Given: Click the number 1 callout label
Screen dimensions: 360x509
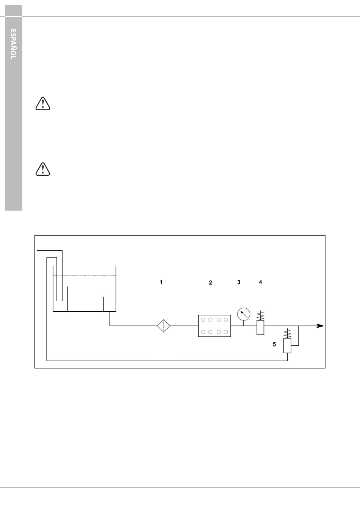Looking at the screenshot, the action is click(161, 282).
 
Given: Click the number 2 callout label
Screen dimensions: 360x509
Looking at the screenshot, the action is click(210, 283).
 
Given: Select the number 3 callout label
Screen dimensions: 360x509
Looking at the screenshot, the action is click(239, 282).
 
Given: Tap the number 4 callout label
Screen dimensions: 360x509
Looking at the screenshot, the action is click(261, 282).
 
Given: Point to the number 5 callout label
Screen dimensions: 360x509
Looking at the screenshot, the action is click(274, 345).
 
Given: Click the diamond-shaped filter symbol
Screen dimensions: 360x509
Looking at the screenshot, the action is click(163, 326).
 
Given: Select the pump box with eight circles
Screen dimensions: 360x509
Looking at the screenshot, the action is click(214, 326).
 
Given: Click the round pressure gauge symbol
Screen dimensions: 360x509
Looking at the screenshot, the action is click(244, 314).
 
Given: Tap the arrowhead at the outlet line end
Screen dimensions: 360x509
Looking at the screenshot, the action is click(320, 326).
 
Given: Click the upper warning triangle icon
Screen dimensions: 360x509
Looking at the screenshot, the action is click(43, 104).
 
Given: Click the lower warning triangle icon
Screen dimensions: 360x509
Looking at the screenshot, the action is click(43, 169).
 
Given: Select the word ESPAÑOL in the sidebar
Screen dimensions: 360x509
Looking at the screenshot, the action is click(13, 44).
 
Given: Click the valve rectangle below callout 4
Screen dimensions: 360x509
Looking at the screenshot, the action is click(260, 328).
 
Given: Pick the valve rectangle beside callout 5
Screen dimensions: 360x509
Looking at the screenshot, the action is click(287, 346).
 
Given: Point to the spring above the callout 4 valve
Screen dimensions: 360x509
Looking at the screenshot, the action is click(260, 316).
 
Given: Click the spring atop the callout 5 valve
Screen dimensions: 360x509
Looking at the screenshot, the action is click(288, 334).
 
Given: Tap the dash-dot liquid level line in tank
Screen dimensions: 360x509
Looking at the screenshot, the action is click(85, 275).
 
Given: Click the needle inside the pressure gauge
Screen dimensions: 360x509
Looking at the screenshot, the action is click(244, 315).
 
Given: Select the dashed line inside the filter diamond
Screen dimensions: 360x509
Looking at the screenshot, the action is click(163, 326).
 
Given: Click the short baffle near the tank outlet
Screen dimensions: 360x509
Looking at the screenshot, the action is click(103, 304).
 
